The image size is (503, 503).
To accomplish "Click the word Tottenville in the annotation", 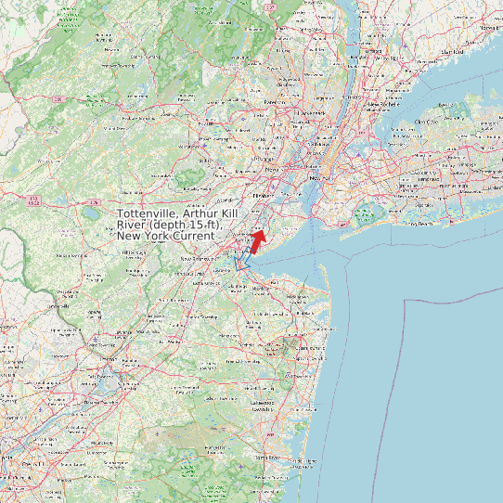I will (x=149, y=214).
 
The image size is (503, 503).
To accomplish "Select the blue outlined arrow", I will (x=245, y=260).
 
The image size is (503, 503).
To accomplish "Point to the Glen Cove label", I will (x=426, y=122).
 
